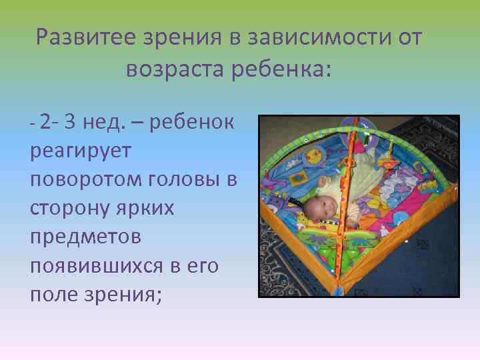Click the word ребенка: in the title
(x=281, y=69)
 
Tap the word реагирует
(x=81, y=151)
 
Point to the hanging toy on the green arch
(x=364, y=137)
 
